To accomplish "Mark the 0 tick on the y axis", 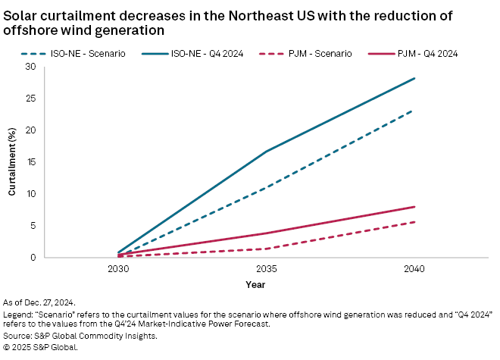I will [33, 258].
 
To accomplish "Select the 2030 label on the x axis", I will [118, 269].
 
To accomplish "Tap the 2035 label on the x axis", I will [266, 269].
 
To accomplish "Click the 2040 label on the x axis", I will [414, 269].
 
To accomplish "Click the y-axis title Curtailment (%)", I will [12, 162].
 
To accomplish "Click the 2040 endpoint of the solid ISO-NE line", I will [414, 78].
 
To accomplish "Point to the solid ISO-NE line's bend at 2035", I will [266, 152].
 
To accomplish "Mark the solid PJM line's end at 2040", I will [414, 207].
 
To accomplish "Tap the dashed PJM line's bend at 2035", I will [266, 249].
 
